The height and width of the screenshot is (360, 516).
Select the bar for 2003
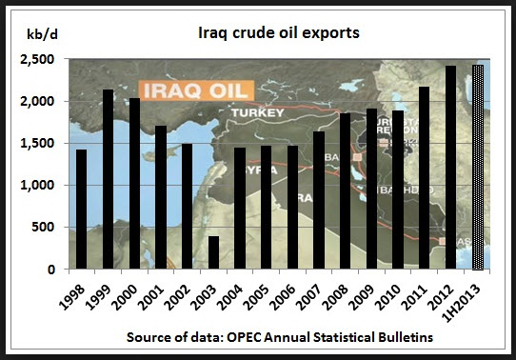click(x=214, y=252)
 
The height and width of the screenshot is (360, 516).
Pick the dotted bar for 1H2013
click(x=479, y=167)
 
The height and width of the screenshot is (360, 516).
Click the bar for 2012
click(x=451, y=167)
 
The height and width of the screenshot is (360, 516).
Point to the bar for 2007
click(x=319, y=200)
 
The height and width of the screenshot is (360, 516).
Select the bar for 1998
click(x=81, y=209)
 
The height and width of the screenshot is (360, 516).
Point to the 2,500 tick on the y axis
click(x=41, y=60)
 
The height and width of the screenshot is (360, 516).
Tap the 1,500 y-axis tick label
click(x=41, y=144)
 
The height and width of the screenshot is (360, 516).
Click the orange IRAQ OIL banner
click(x=191, y=90)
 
